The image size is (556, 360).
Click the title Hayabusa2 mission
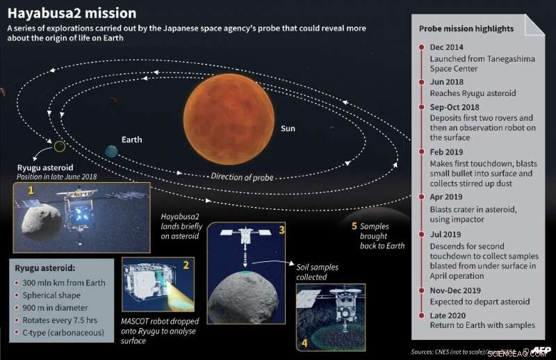coord(72,13)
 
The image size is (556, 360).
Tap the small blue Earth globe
coord(111,151)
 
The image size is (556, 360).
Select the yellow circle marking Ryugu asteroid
coord(60,146)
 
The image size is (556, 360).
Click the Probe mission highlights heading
coord(466,29)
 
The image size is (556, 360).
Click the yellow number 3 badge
coord(281,229)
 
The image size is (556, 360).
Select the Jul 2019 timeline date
coord(445,236)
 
